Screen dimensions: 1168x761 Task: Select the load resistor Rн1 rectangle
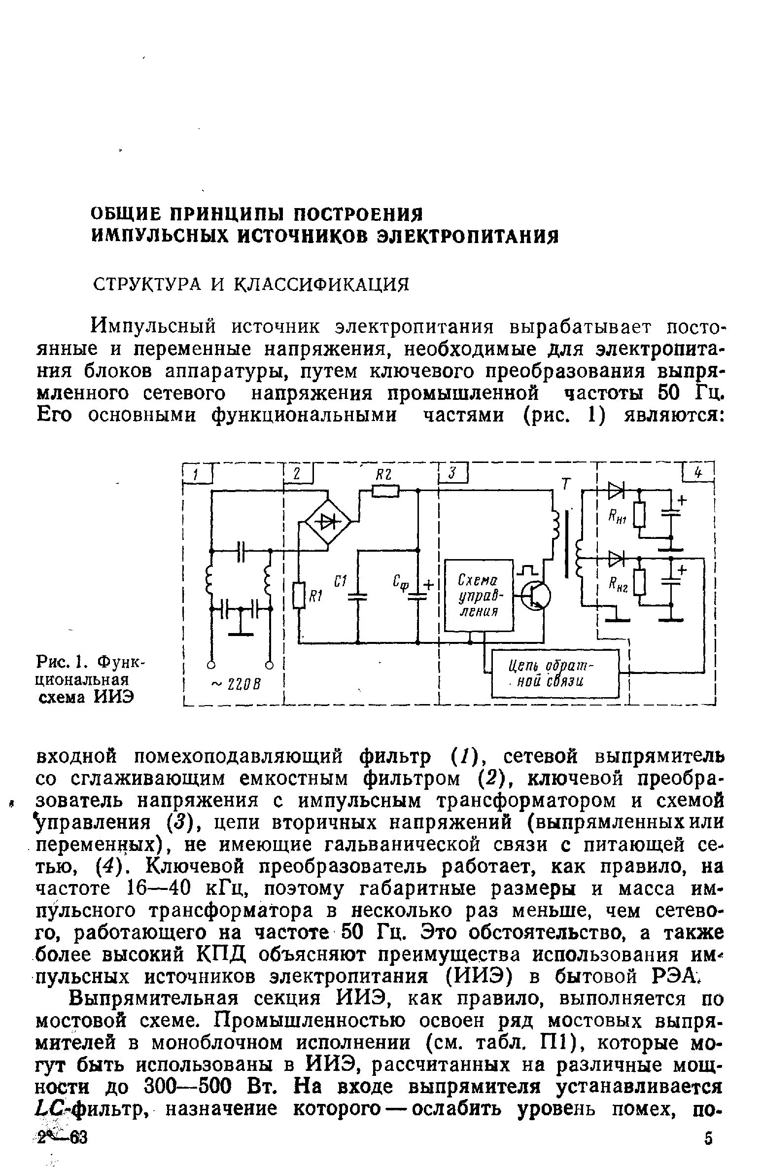click(x=639, y=515)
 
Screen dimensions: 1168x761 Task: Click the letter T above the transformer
click(x=566, y=485)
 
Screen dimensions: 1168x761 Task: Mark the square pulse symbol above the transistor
click(x=528, y=572)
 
